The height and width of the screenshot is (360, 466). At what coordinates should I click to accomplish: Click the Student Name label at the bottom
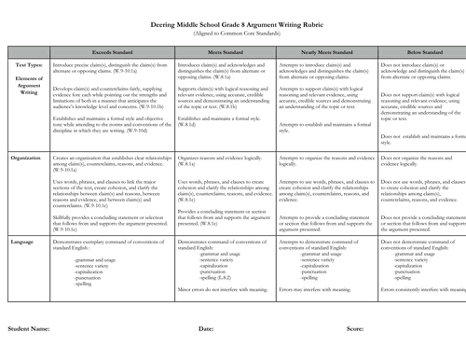pos(28,329)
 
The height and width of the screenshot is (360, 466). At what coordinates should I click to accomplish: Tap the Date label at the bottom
pos(206,329)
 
